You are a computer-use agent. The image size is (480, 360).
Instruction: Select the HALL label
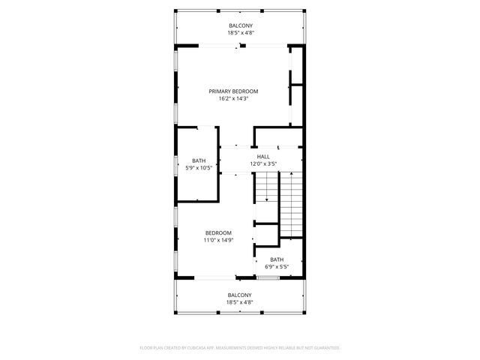(x=263, y=156)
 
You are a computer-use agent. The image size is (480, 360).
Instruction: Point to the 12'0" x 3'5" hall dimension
(x=263, y=163)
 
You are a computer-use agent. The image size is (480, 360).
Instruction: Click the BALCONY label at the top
(x=240, y=25)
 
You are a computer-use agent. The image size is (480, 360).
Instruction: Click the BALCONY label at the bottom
(x=239, y=295)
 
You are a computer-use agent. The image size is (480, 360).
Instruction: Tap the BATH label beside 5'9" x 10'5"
(x=198, y=160)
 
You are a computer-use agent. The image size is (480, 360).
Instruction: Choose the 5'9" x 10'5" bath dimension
(x=198, y=168)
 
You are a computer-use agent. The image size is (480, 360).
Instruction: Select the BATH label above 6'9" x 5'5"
(x=277, y=259)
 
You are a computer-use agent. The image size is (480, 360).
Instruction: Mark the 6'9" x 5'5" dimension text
(x=277, y=267)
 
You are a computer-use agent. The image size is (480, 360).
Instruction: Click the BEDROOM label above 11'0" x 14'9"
(x=218, y=232)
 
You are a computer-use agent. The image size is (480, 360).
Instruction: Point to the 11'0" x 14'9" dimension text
(x=218, y=240)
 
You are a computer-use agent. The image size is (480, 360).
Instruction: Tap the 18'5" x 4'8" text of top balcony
(x=240, y=33)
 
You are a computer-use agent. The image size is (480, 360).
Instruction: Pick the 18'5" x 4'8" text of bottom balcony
(x=239, y=303)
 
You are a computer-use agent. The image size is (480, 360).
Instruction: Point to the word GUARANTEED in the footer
(x=324, y=348)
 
